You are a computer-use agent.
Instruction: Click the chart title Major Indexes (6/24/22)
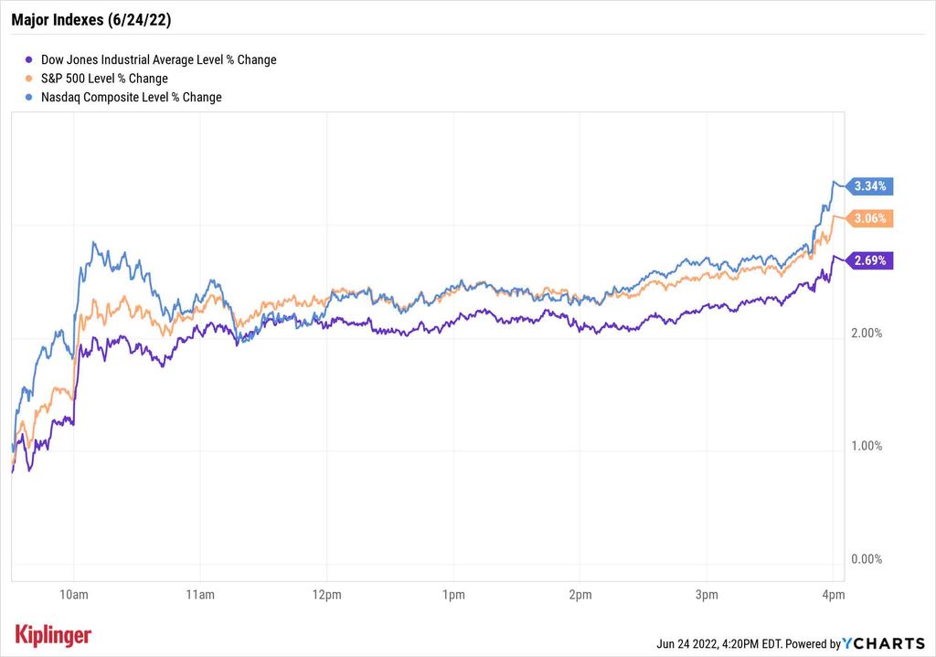tap(90, 17)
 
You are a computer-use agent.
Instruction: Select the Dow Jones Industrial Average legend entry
tap(158, 59)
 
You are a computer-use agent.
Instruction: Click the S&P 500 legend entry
tap(104, 79)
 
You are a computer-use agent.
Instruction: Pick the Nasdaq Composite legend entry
tap(131, 97)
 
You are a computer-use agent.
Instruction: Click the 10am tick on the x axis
tap(73, 596)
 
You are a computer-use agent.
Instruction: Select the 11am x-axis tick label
tap(199, 596)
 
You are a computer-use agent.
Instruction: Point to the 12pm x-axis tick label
tap(326, 596)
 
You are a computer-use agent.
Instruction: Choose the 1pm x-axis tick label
tap(453, 596)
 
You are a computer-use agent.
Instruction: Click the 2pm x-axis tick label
tap(580, 596)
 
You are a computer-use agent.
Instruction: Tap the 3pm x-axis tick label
tap(707, 596)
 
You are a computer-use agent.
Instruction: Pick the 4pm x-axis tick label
tap(833, 596)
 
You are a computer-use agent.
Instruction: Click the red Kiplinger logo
tap(53, 635)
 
